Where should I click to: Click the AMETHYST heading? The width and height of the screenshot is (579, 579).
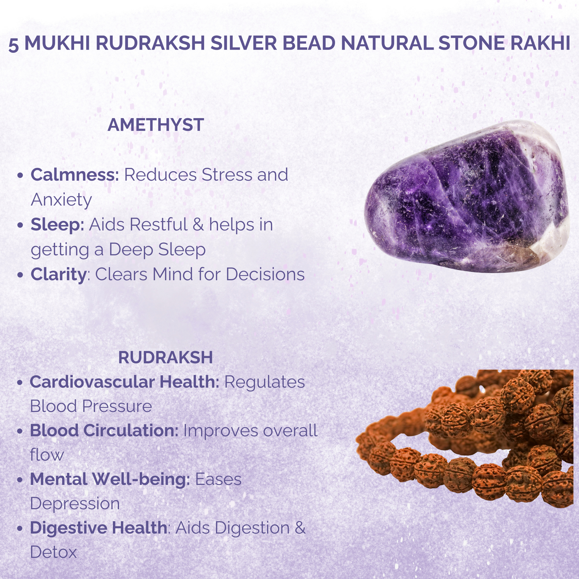pos(155,125)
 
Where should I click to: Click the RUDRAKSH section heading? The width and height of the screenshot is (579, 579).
pos(165,357)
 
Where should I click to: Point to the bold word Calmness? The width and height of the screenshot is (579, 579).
pos(75,175)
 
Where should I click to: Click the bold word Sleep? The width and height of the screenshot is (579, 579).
pos(57,224)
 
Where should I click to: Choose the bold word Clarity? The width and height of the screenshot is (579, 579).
pos(58,274)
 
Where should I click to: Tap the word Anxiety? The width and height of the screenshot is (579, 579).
pos(61,200)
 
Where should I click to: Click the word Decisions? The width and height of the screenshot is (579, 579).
pos(265,274)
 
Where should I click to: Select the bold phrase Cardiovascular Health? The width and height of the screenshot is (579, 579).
pos(124,382)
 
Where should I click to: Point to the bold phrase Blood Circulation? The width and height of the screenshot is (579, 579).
pos(104,431)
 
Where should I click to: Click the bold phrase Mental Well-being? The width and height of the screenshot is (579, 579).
pos(109,479)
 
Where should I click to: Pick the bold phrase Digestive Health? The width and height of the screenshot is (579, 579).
pos(98,528)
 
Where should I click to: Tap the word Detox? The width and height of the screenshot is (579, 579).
pos(53,553)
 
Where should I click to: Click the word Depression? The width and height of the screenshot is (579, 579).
pos(75,504)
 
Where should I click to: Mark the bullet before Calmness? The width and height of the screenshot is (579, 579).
pos(20,176)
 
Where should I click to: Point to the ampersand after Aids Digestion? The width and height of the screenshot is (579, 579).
pos(300,528)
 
